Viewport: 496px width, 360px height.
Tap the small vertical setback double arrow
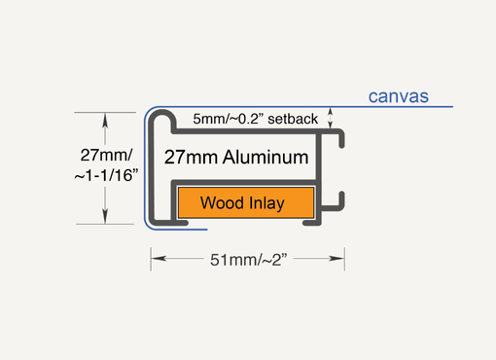point(333,119)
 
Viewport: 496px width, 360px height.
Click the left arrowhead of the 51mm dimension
point(156,259)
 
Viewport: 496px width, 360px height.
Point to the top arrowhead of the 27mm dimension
point(106,118)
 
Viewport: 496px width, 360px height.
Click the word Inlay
point(266,203)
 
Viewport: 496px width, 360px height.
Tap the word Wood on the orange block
point(220,203)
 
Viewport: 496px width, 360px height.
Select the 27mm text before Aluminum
point(189,157)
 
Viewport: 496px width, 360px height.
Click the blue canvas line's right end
point(454,106)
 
